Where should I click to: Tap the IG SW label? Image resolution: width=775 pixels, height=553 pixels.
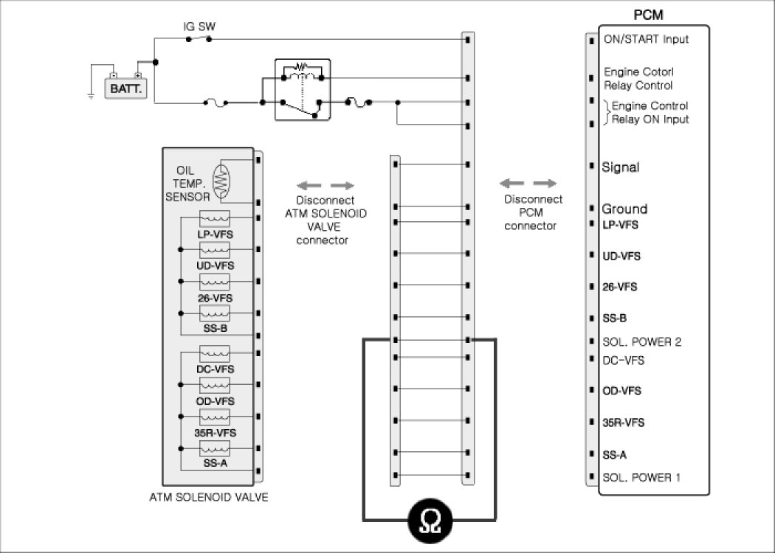(199, 27)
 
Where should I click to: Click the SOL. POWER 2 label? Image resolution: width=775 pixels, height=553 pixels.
(641, 342)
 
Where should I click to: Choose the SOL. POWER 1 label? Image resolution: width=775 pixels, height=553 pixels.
(641, 477)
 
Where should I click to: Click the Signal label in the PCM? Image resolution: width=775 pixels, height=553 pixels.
(621, 167)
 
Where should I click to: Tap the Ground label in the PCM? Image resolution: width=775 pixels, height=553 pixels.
(624, 209)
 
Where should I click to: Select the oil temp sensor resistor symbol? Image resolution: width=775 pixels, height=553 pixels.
(221, 180)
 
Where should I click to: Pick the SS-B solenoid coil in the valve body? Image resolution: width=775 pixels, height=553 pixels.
(215, 313)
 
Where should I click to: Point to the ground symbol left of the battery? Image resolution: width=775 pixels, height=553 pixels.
(90, 95)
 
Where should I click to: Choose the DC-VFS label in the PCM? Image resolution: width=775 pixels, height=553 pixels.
(623, 361)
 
